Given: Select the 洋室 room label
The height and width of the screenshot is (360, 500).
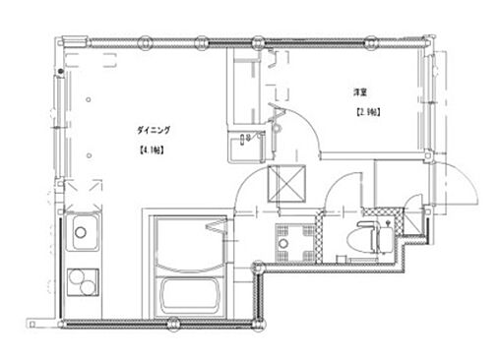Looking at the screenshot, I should [360, 91].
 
